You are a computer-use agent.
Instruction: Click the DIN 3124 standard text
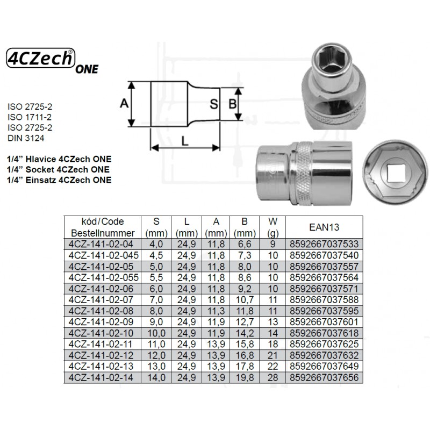point(26,138)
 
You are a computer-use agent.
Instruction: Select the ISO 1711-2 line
point(30,117)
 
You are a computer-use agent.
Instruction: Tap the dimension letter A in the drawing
point(124,103)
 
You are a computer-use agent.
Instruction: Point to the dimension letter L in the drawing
point(185,141)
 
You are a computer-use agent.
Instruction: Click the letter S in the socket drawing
point(214,104)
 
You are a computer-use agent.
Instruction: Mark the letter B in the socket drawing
point(233,104)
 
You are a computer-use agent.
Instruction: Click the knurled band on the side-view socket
point(304,173)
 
